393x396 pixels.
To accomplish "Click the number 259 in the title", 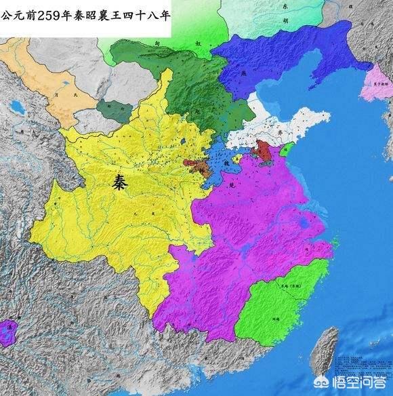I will point(48,9).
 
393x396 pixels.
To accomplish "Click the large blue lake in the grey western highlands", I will point(15,106).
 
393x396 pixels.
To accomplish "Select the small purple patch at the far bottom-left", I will point(7,333).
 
